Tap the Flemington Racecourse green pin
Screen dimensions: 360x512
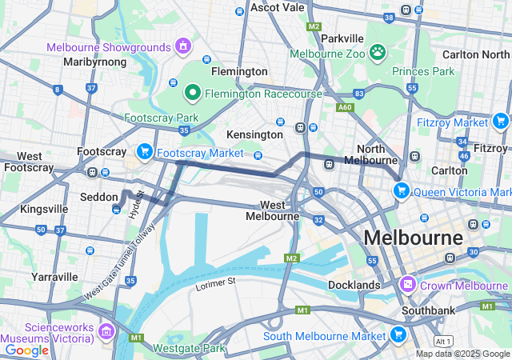click(192, 94)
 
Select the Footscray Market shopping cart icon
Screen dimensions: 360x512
click(145, 151)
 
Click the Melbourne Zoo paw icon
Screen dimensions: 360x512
click(378, 54)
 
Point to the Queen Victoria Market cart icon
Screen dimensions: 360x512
click(401, 191)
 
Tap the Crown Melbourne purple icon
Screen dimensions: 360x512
click(408, 285)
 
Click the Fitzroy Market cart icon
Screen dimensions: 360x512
click(501, 122)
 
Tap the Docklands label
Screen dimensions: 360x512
click(354, 285)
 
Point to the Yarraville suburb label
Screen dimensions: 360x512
click(56, 277)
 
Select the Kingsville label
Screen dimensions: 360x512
click(44, 209)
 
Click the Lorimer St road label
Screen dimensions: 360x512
click(215, 282)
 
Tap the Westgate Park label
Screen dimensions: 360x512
click(190, 348)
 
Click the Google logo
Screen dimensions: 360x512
click(26, 350)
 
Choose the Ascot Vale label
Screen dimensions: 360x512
click(277, 7)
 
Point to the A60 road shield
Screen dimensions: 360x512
click(345, 107)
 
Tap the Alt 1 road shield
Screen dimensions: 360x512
click(444, 341)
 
